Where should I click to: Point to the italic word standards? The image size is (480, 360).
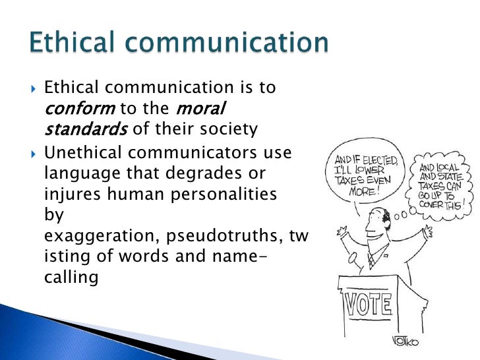(x=86, y=129)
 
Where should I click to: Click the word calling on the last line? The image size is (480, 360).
(x=71, y=277)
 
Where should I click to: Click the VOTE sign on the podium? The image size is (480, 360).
(x=369, y=305)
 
